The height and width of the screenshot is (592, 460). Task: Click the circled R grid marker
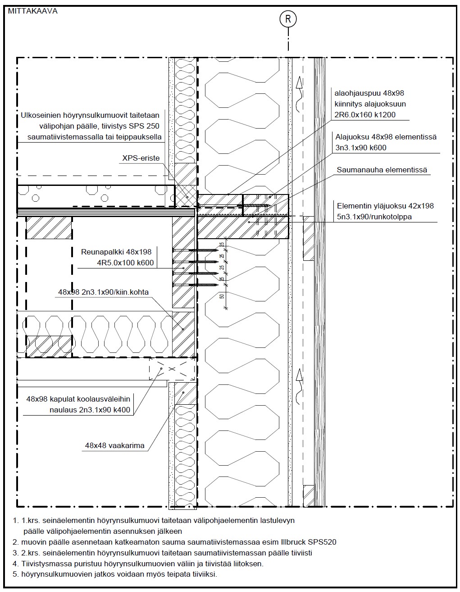[288, 19]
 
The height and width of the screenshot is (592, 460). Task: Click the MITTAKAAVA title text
[32, 11]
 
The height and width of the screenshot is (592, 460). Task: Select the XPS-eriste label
[141, 158]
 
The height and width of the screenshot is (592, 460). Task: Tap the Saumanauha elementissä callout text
[382, 170]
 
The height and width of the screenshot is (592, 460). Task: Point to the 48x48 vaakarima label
[115, 446]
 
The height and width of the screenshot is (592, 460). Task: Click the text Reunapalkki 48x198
[116, 252]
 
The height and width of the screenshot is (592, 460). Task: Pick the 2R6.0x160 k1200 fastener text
[365, 115]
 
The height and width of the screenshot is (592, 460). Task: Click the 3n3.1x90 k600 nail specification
[361, 148]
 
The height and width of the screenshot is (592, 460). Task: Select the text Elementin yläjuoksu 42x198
[385, 206]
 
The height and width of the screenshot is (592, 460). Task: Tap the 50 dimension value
[222, 296]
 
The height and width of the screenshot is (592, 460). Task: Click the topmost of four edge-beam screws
[196, 250]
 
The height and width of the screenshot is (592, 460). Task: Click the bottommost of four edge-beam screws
[196, 285]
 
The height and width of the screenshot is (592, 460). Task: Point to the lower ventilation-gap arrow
[299, 386]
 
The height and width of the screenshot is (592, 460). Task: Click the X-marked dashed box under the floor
[172, 369]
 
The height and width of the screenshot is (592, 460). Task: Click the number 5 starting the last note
[15, 574]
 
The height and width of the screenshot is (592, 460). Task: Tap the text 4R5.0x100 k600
[125, 263]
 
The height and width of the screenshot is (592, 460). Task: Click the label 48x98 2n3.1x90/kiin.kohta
[103, 292]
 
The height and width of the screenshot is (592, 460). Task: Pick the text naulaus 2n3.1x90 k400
[90, 410]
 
